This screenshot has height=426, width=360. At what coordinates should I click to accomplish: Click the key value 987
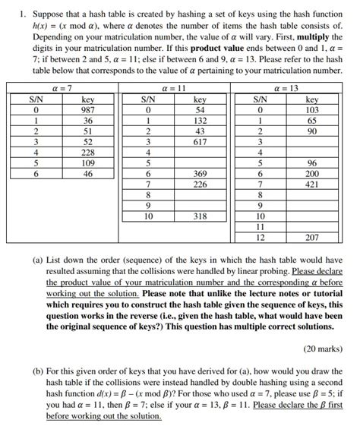click(88, 110)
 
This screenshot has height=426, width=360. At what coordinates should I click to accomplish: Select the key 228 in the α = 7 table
click(88, 152)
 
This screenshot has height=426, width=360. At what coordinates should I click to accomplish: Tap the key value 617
click(200, 141)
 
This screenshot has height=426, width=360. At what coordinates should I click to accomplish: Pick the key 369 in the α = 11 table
click(200, 173)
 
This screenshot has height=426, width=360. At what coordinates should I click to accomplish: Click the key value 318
click(200, 216)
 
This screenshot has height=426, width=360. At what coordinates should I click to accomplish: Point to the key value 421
click(312, 184)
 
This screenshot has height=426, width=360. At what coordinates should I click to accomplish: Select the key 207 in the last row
click(312, 237)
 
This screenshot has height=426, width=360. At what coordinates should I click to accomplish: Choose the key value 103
click(312, 110)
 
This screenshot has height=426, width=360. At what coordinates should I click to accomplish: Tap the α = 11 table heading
click(174, 89)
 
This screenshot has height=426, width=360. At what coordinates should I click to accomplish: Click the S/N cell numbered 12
click(260, 237)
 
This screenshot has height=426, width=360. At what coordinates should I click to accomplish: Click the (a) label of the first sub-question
click(37, 259)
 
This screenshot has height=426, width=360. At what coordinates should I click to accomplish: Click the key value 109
click(88, 163)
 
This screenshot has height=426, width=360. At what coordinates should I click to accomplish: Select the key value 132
click(200, 120)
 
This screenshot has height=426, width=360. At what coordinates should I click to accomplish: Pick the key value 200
click(312, 173)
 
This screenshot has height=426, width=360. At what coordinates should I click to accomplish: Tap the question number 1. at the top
click(24, 13)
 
